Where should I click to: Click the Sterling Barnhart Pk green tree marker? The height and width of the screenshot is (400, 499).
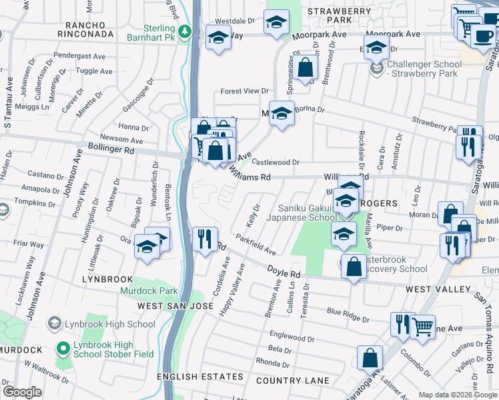(x=188, y=31)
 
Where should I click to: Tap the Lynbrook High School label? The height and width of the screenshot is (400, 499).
(x=109, y=325)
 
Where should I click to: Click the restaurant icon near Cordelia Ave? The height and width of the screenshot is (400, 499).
(x=205, y=238)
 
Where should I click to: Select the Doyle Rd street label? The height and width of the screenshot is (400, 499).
(x=284, y=272)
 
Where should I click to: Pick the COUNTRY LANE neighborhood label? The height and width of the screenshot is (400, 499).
(x=292, y=381)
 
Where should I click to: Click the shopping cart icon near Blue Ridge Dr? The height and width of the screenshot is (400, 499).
(x=422, y=326)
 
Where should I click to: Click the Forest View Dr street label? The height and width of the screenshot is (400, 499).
(x=244, y=91)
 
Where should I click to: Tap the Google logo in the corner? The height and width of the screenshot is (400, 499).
(x=22, y=391)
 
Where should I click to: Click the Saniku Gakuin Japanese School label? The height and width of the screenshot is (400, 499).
(x=302, y=212)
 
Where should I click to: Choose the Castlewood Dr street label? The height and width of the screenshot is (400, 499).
(x=276, y=162)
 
